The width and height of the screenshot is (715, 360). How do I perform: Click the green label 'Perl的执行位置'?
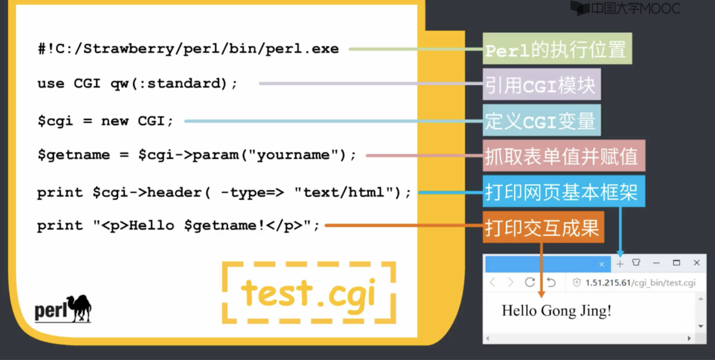(556, 49)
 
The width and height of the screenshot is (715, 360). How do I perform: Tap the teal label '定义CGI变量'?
(541, 121)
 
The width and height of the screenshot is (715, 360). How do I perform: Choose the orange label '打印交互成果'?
(543, 227)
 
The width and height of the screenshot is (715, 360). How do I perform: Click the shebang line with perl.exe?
(188, 49)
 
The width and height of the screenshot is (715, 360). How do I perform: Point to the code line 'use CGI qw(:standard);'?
(137, 84)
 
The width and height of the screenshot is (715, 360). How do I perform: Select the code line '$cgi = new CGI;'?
(105, 121)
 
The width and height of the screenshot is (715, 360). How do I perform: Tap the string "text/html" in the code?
(344, 193)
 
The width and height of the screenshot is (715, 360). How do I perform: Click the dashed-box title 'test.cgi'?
(308, 292)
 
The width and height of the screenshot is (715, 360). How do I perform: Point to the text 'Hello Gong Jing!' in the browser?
(556, 311)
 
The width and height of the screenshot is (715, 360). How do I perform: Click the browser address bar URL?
(640, 283)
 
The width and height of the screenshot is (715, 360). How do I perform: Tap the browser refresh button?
(530, 282)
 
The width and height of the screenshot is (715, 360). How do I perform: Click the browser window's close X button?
(697, 263)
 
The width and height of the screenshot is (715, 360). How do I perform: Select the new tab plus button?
(620, 264)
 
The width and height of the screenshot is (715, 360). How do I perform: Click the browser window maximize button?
(676, 263)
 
